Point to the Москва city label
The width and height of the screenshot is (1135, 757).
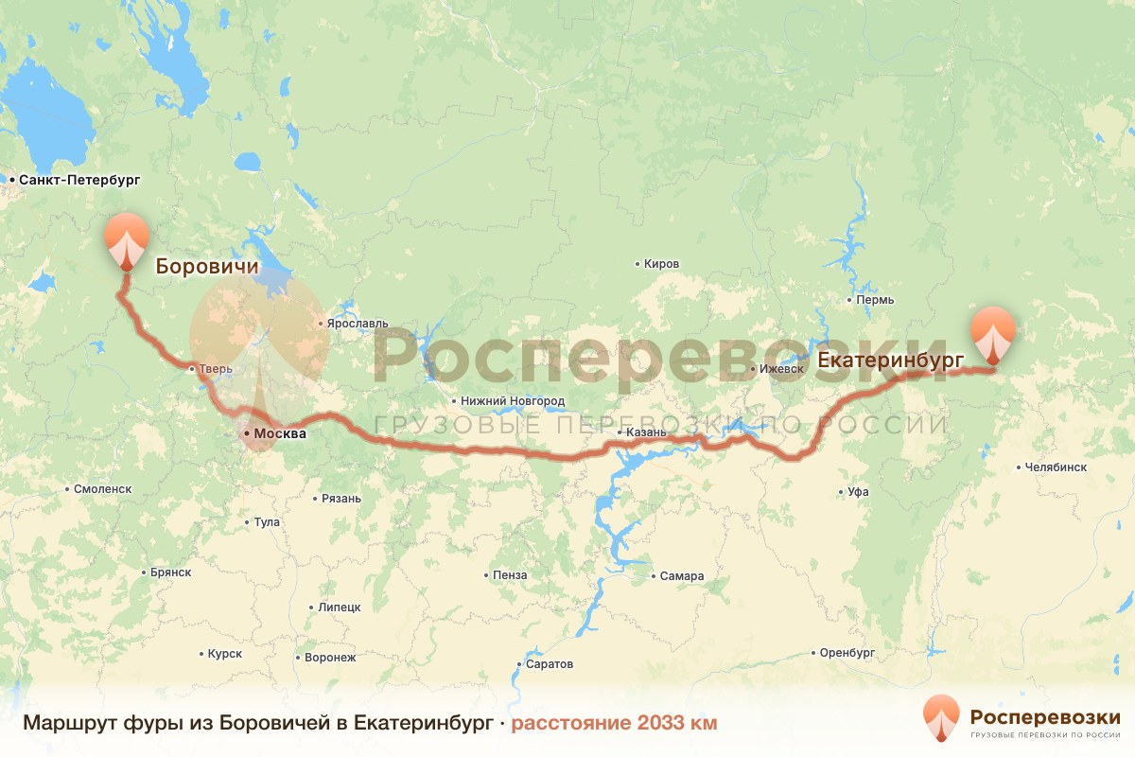(x=280, y=433)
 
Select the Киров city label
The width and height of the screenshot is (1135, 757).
(x=660, y=263)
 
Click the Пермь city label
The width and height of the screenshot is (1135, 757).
(x=872, y=300)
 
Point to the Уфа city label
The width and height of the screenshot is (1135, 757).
(x=858, y=491)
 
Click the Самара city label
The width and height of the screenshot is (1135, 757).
(x=682, y=575)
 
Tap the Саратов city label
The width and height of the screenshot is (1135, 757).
(x=549, y=663)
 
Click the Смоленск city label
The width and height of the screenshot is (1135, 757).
(x=102, y=489)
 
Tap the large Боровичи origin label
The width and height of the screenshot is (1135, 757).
(x=206, y=267)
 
